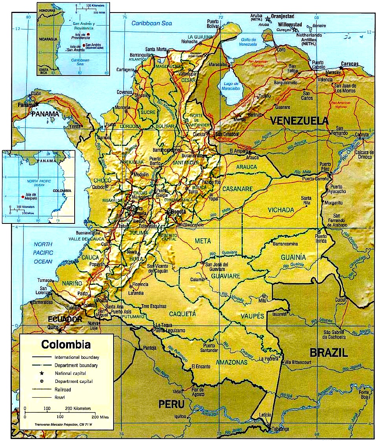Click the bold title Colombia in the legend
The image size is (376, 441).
point(66,345)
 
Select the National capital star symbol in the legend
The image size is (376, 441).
point(41,373)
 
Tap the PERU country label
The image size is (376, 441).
point(171,404)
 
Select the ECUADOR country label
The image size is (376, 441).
point(65,319)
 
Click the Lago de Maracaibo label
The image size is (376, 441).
point(231,86)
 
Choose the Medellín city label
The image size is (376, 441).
point(141,174)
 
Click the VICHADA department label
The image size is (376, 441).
point(281,210)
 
